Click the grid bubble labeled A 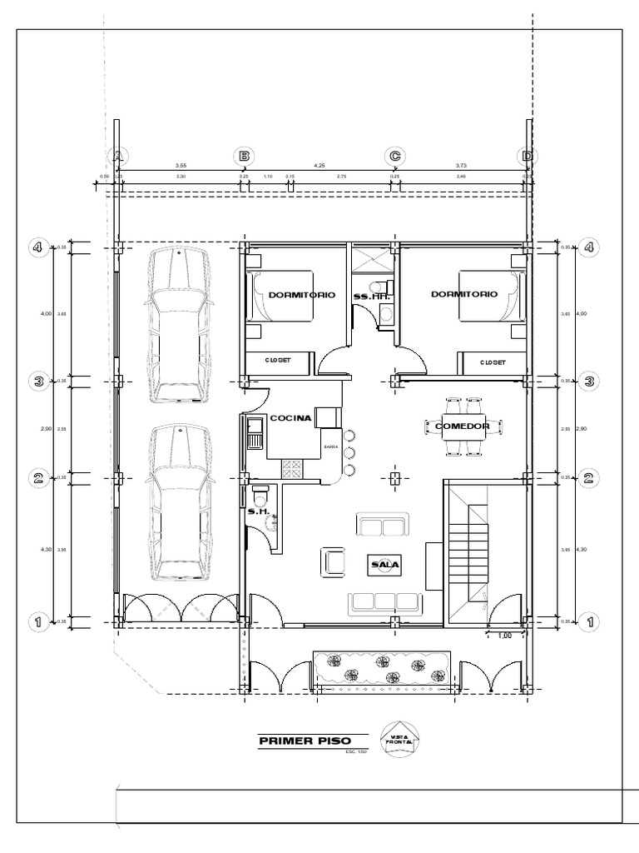(x=118, y=156)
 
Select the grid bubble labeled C (x=395, y=156)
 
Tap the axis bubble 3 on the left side (x=37, y=381)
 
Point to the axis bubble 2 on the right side (x=589, y=477)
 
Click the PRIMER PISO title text (x=305, y=741)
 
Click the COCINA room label (x=290, y=418)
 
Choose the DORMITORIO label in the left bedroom (x=302, y=295)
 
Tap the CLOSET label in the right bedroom (x=493, y=362)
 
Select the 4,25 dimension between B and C (x=319, y=166)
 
